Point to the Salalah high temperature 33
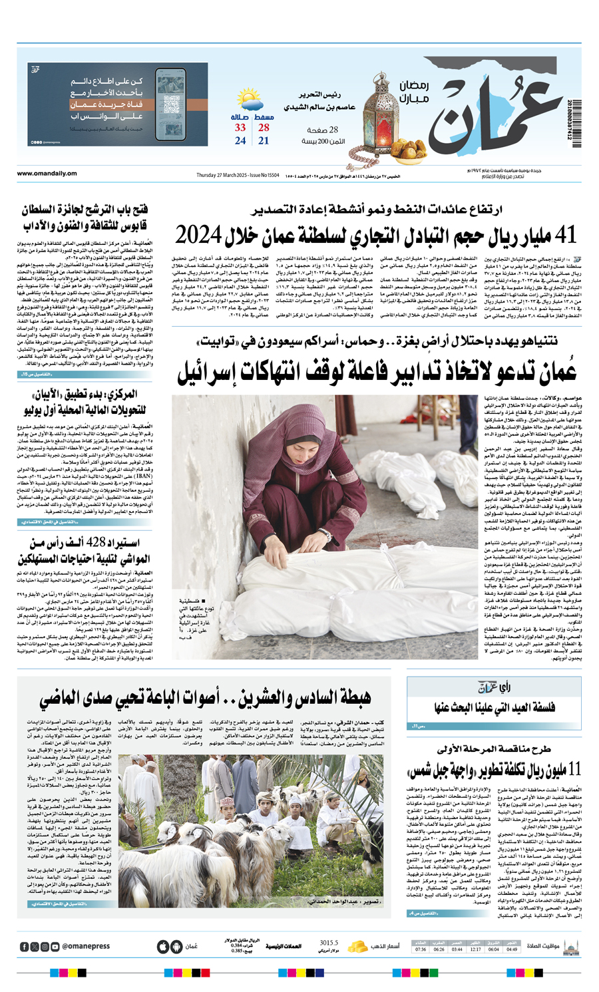240,128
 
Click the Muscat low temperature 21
264,141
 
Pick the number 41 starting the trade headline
565,234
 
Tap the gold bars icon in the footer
359,946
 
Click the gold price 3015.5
329,943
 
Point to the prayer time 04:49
512,949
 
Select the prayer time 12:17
475,949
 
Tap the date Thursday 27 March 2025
222,175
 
